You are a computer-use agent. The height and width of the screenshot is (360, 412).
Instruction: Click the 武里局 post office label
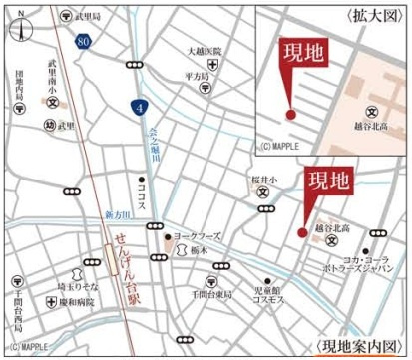(x=89, y=17)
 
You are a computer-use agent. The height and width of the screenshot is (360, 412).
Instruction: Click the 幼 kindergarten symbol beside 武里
(x=50, y=125)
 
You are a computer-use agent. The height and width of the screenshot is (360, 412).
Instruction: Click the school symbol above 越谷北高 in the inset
(x=371, y=112)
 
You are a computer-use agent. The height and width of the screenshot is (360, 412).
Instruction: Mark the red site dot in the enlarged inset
(x=290, y=115)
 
